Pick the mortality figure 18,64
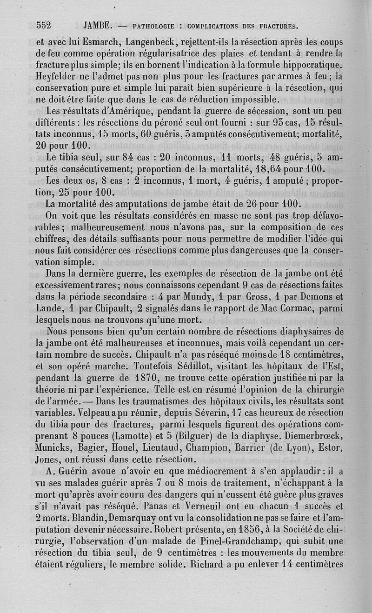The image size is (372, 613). tap(276, 168)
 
